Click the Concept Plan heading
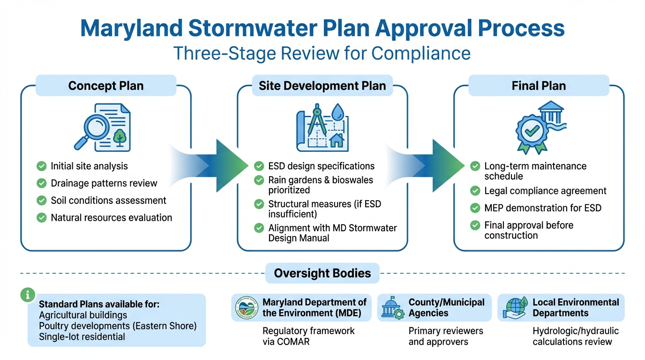(106, 86)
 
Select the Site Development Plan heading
(322, 86)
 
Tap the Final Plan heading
(539, 86)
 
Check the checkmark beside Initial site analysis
(42, 166)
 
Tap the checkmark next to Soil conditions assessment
(42, 201)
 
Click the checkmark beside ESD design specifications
(259, 166)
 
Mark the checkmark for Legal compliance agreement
(475, 191)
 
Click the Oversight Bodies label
(322, 273)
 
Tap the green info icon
(28, 294)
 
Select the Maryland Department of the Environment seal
(247, 307)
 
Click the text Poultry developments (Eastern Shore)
(118, 326)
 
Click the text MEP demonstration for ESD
(542, 208)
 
